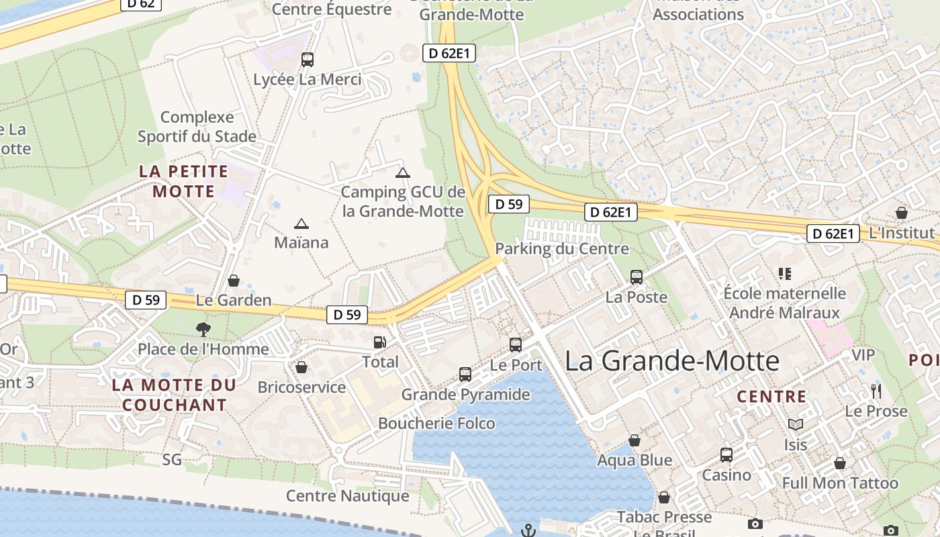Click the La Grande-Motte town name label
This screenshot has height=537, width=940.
[671, 361]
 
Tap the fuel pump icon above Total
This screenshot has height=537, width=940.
[380, 342]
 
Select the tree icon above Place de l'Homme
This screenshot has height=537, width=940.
[203, 329]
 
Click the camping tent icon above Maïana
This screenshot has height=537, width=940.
[301, 224]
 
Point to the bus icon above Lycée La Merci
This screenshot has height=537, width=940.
[308, 60]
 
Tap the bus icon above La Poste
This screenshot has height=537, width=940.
[636, 277]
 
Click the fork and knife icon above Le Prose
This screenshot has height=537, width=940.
[876, 391]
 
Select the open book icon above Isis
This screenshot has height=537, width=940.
[796, 424]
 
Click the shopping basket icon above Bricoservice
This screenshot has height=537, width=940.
[301, 367]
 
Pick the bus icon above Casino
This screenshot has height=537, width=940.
[726, 455]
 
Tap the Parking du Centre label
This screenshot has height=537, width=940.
[562, 249]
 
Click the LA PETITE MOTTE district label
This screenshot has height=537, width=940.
[184, 181]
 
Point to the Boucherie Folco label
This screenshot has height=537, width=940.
[436, 424]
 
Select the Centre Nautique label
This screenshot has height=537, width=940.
[347, 496]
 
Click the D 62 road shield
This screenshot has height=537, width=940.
[142, 4]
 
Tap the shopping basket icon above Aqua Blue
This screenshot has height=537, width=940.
[634, 440]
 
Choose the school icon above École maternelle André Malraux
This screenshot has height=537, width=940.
[784, 274]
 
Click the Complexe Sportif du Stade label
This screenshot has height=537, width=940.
[197, 127]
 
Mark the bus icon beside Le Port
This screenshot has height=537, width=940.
[516, 345]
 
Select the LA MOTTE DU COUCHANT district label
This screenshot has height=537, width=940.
[175, 395]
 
